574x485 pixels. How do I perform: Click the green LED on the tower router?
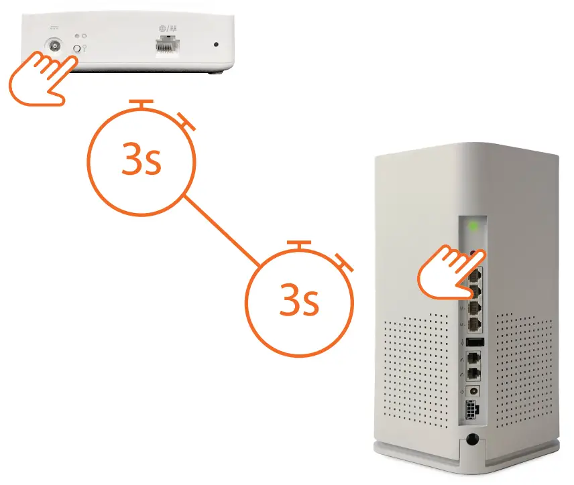click(475, 226)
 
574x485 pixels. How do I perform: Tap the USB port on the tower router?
click(475, 343)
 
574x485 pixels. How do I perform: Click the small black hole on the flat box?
click(216, 46)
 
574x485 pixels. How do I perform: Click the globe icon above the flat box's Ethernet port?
click(162, 29)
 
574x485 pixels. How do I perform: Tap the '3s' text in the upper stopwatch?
click(141, 160)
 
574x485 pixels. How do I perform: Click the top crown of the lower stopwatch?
click(299, 244)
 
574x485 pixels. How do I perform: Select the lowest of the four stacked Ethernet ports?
click(475, 324)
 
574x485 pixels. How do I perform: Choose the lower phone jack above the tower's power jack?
click(474, 374)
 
